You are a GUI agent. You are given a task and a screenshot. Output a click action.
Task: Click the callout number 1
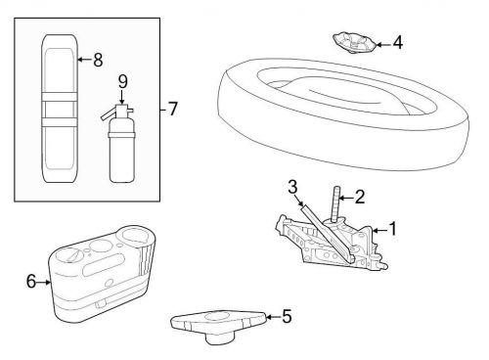(x=392, y=229)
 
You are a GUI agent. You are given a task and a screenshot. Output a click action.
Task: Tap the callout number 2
(x=359, y=198)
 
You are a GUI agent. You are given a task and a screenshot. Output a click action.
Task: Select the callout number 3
(x=291, y=188)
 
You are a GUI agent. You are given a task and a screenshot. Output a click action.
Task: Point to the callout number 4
(x=397, y=43)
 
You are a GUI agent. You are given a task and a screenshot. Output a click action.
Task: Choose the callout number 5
(x=286, y=316)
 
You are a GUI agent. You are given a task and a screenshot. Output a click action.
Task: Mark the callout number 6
(x=31, y=282)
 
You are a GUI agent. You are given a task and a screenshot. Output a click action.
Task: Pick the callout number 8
(x=96, y=61)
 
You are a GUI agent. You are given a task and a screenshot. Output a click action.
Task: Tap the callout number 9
(x=121, y=81)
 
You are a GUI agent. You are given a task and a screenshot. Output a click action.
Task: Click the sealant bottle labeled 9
(x=121, y=152)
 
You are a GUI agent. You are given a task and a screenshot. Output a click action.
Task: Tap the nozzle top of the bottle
(x=120, y=102)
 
